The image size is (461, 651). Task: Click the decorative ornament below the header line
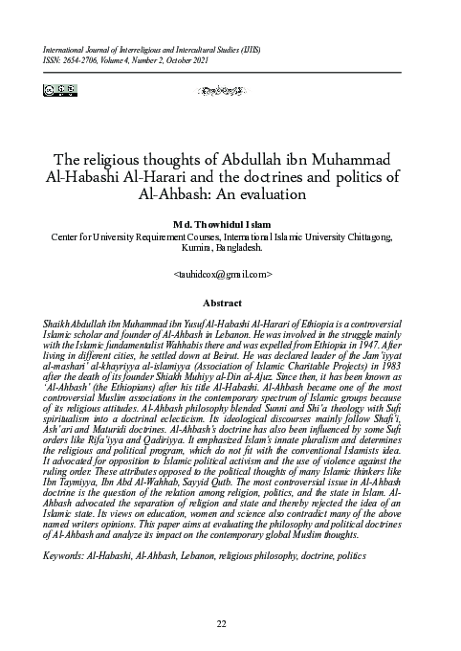(230, 92)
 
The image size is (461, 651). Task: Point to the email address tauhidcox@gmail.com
(230, 274)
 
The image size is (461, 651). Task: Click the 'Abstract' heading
(230, 302)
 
